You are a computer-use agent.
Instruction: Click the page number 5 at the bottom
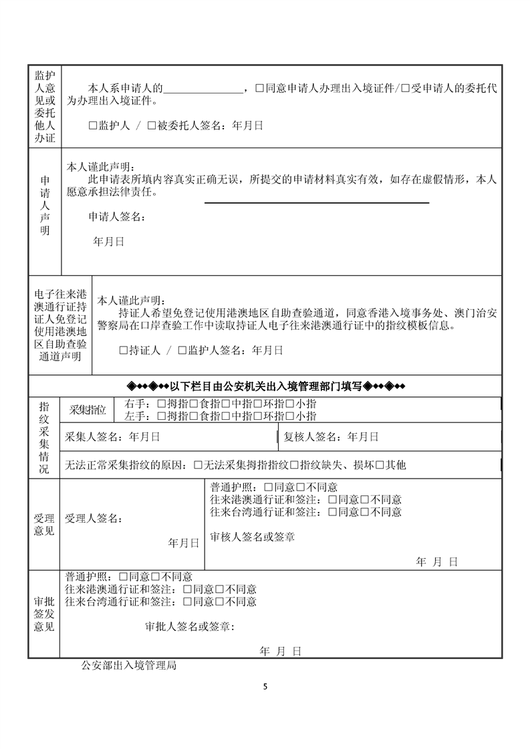pyautogui.click(x=265, y=687)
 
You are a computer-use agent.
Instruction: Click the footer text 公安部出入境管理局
pyautogui.click(x=128, y=665)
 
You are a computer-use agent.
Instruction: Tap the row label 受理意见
pyautogui.click(x=44, y=524)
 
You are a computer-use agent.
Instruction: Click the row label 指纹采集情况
pyautogui.click(x=44, y=437)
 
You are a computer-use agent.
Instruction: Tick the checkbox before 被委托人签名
pyautogui.click(x=151, y=125)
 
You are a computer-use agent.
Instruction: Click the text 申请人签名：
pyautogui.click(x=115, y=216)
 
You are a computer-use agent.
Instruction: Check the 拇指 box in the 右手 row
pyautogui.click(x=160, y=404)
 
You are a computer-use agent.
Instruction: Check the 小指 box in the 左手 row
pyautogui.click(x=290, y=416)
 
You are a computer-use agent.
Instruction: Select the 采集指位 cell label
pyautogui.click(x=87, y=410)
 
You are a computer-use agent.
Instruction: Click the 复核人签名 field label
pyautogui.click(x=312, y=437)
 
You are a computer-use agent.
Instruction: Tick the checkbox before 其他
pyautogui.click(x=379, y=465)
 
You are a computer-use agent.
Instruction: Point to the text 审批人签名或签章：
pyautogui.click(x=190, y=627)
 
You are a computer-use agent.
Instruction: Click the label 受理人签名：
pyautogui.click(x=94, y=517)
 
